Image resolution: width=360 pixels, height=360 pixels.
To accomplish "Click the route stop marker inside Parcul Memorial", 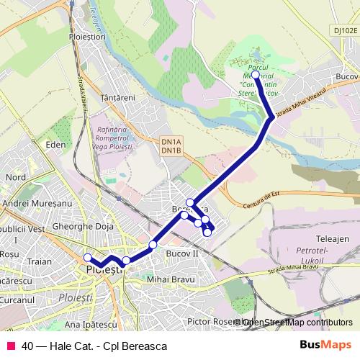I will click(256, 73).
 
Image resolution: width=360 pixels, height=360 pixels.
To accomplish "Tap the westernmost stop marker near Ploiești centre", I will click(88, 258).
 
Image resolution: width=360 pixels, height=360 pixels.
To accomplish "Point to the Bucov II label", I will click(187, 254).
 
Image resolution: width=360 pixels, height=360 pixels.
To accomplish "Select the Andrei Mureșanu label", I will click(35, 204).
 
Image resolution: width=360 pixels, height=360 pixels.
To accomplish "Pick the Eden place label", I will click(55, 144).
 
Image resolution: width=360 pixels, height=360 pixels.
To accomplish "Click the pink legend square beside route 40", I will click(10, 346).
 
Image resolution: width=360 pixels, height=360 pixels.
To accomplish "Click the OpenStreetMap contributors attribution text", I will click(296, 322).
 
